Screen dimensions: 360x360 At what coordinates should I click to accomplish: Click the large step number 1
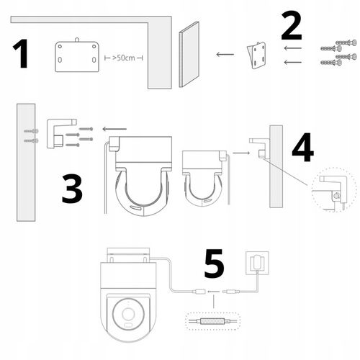(x=21, y=53)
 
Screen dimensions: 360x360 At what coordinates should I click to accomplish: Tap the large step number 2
(x=291, y=27)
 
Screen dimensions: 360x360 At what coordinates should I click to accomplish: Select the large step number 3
(x=72, y=189)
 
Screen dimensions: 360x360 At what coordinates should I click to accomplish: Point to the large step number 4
(x=303, y=148)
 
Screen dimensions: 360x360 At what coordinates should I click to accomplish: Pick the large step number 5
(x=214, y=264)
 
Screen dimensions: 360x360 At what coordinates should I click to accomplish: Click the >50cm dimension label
(x=124, y=58)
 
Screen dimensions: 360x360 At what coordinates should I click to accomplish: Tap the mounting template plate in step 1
(x=77, y=55)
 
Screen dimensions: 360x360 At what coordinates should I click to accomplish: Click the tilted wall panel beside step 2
(x=189, y=55)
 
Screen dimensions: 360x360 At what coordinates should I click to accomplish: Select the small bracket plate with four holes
(x=257, y=55)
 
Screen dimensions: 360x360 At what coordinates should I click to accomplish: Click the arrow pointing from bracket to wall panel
(x=225, y=55)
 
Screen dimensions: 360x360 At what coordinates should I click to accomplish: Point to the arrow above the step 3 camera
(x=114, y=129)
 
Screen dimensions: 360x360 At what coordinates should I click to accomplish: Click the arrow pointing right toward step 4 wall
(x=241, y=153)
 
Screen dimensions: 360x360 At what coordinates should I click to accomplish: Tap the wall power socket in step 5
(x=257, y=263)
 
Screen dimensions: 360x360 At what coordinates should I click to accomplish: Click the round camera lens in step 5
(x=128, y=314)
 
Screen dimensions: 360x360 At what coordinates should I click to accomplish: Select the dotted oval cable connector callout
(x=213, y=321)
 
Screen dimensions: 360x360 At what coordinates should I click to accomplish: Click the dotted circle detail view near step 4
(x=334, y=190)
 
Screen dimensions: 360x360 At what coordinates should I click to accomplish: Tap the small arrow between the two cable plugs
(x=213, y=292)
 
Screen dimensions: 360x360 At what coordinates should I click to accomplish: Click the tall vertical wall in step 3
(x=26, y=163)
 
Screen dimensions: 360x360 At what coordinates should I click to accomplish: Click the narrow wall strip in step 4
(x=276, y=166)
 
